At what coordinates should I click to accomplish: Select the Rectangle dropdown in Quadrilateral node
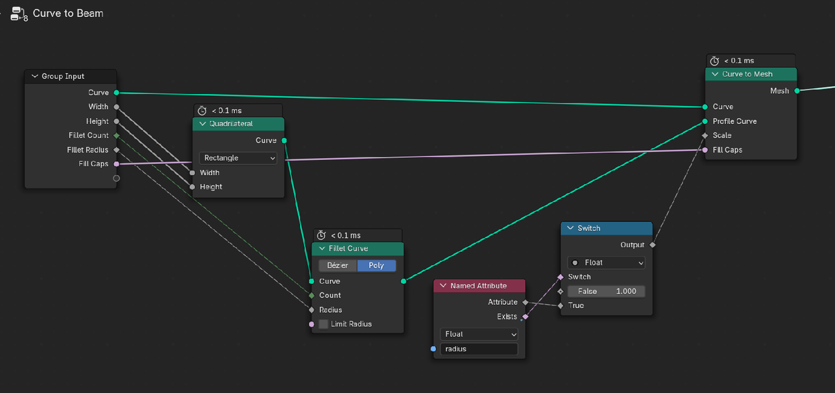pyautogui.click(x=238, y=158)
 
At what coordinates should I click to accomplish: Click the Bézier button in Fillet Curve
pyautogui.click(x=338, y=266)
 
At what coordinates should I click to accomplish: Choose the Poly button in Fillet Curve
pyautogui.click(x=376, y=266)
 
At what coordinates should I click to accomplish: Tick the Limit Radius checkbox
pyautogui.click(x=324, y=324)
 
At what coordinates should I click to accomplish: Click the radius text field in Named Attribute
pyautogui.click(x=479, y=349)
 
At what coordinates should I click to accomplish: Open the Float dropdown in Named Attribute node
pyautogui.click(x=479, y=334)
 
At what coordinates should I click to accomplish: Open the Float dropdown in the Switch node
pyautogui.click(x=606, y=262)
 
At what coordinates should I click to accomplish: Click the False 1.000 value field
pyautogui.click(x=606, y=291)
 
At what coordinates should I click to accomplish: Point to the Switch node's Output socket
pyautogui.click(x=652, y=245)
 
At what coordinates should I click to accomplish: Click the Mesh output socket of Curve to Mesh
pyautogui.click(x=797, y=91)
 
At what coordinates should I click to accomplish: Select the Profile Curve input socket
pyautogui.click(x=705, y=121)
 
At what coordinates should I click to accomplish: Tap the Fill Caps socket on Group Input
pyautogui.click(x=116, y=164)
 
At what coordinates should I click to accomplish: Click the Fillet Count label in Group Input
pyautogui.click(x=89, y=136)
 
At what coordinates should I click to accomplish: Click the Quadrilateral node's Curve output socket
pyautogui.click(x=284, y=140)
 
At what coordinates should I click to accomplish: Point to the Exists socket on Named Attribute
pyautogui.click(x=525, y=317)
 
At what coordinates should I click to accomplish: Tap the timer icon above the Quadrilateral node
pyautogui.click(x=202, y=111)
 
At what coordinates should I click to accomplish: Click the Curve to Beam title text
pyautogui.click(x=68, y=13)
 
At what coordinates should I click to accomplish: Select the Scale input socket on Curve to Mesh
pyautogui.click(x=705, y=136)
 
